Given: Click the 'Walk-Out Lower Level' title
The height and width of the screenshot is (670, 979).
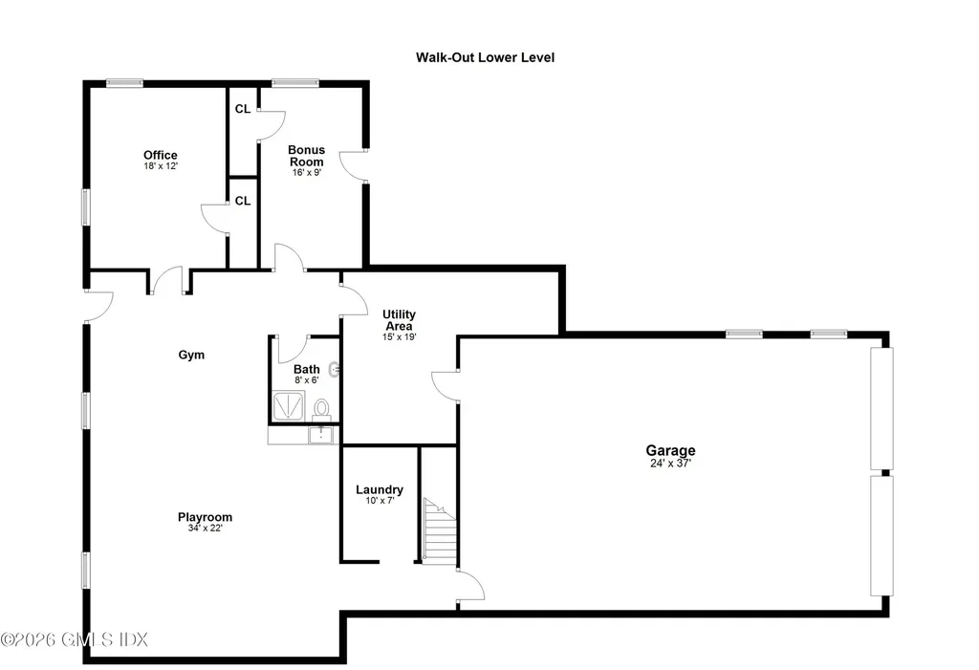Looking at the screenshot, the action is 485,57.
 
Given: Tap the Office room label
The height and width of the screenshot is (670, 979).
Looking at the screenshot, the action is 161,155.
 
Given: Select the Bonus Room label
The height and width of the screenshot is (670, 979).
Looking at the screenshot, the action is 307,156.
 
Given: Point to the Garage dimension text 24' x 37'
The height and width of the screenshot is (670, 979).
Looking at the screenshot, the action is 670,464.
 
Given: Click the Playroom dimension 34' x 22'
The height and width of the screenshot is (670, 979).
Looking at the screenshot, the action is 206,529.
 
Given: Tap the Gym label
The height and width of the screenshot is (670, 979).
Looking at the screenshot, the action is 191,355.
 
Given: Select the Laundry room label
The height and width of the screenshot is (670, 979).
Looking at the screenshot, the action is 379,489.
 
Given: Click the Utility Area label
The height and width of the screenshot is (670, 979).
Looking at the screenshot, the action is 399,319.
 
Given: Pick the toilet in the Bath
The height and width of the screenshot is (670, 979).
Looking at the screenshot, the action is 321,410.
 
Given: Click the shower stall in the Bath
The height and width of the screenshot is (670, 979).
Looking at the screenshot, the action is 289,406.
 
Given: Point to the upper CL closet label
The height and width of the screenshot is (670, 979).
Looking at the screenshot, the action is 243,109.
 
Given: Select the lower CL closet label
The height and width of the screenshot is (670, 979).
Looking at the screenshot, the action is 243,201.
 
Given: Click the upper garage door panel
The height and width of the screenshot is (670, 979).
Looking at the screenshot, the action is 881,408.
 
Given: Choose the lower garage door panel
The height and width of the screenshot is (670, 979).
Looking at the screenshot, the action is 881,536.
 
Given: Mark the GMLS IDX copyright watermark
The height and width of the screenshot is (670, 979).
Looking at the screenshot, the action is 75,639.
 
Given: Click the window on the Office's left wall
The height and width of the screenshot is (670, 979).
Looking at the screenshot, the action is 85,206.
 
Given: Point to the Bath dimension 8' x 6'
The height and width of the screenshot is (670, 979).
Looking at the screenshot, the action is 307,379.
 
